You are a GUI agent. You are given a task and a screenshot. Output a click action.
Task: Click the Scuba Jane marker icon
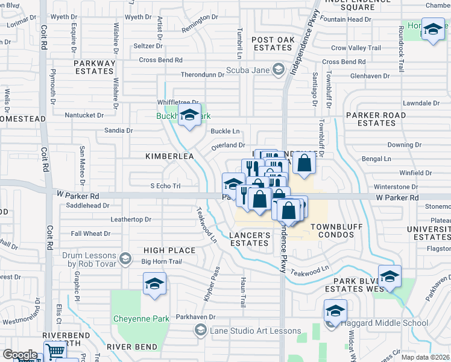tap(278, 70)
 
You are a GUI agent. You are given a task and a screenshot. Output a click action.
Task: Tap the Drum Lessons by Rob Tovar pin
tap(125, 259)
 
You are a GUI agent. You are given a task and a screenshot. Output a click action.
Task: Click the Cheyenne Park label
tap(138, 319)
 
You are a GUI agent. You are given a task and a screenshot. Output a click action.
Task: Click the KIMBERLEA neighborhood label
tap(169, 156)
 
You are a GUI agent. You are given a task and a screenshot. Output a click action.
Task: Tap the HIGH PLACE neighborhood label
tap(169, 250)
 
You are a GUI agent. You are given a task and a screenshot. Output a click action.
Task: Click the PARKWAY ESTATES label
tap(94, 67)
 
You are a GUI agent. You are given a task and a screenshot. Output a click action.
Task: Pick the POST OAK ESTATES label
tap(272, 43)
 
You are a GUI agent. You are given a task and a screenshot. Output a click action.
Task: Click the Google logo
tap(20, 355)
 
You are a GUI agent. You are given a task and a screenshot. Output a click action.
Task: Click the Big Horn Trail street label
tap(161, 261)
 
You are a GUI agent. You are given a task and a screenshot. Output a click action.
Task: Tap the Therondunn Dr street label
tap(203, 75)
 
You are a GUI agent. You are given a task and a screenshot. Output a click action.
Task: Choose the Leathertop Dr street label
tap(130, 220)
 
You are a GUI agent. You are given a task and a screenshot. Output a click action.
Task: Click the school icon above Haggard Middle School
tap(335, 310)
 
